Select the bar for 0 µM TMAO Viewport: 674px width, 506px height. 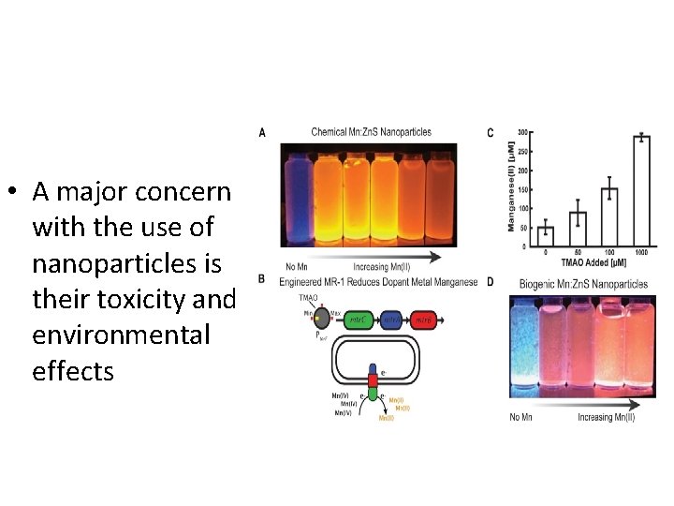(546, 238)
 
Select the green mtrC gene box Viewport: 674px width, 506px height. (357, 320)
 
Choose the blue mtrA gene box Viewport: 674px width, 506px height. (392, 320)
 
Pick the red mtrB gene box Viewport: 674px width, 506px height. (426, 320)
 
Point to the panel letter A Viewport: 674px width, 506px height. (262, 134)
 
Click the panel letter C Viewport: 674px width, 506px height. (491, 134)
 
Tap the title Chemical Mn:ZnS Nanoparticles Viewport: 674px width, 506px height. (371, 132)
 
